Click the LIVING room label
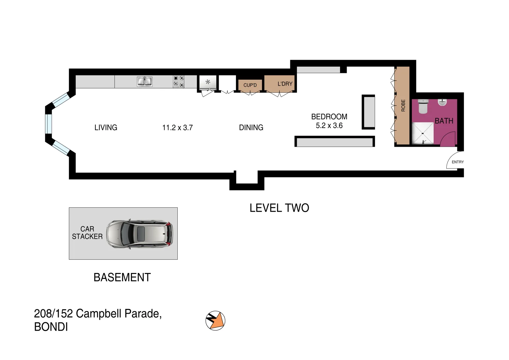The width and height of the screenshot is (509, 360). pyautogui.click(x=106, y=127)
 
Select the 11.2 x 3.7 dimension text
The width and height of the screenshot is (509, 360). pyautogui.click(x=177, y=128)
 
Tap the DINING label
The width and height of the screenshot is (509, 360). pyautogui.click(x=251, y=127)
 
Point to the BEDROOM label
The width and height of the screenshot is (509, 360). pyautogui.click(x=329, y=117)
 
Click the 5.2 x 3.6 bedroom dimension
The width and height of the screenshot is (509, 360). pyautogui.click(x=329, y=126)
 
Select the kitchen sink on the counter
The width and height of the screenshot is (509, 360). pyautogui.click(x=144, y=82)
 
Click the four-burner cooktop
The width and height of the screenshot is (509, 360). pyautogui.click(x=179, y=82)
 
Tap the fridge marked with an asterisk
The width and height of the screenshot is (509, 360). pyautogui.click(x=208, y=82)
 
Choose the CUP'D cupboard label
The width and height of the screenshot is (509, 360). pyautogui.click(x=250, y=85)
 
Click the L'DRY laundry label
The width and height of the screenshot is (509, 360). pyautogui.click(x=285, y=84)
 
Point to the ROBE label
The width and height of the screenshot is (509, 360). pyautogui.click(x=403, y=105)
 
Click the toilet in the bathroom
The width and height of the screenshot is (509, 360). pyautogui.click(x=423, y=106)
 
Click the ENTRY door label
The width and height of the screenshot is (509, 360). pyautogui.click(x=457, y=162)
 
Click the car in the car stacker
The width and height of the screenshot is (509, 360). pyautogui.click(x=140, y=233)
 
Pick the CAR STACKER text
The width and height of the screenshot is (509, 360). pyautogui.click(x=87, y=233)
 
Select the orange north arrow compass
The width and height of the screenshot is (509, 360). pyautogui.click(x=215, y=321)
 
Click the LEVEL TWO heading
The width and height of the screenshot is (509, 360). pyautogui.click(x=279, y=208)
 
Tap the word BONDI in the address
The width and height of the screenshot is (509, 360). pyautogui.click(x=51, y=327)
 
